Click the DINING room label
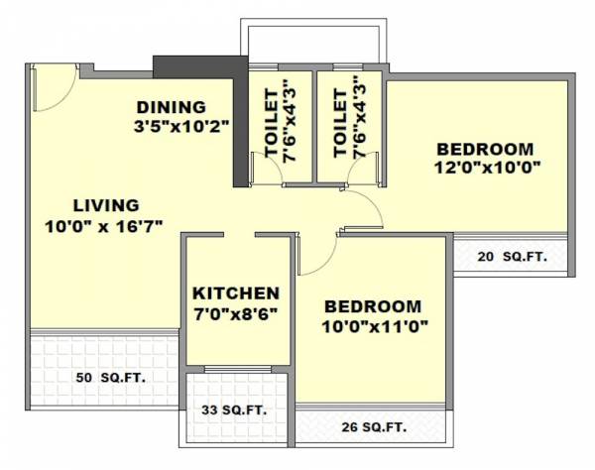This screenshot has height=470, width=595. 171,107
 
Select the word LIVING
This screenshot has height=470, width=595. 105,205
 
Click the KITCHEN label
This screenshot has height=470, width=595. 235,294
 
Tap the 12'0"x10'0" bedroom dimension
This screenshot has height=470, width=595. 485,168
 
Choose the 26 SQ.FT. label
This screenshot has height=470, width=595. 372,428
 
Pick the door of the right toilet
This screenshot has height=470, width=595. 337,171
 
